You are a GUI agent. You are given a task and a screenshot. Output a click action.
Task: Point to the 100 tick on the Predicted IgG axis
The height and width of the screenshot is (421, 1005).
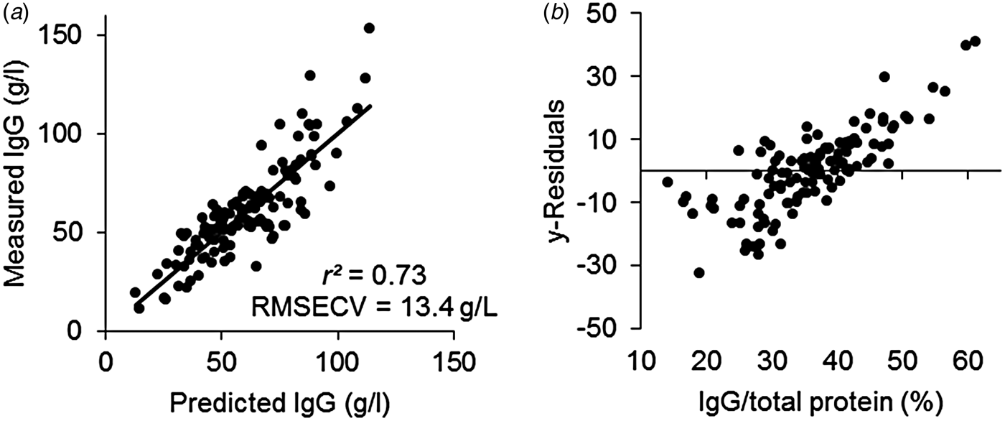click(x=337, y=358)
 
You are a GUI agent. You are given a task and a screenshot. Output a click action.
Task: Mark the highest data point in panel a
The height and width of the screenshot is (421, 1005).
click(x=369, y=28)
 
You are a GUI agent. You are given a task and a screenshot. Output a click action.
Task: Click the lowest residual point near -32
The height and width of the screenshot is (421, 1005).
click(x=699, y=273)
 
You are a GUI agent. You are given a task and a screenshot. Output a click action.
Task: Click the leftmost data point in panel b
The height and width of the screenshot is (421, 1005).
click(x=668, y=182)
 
